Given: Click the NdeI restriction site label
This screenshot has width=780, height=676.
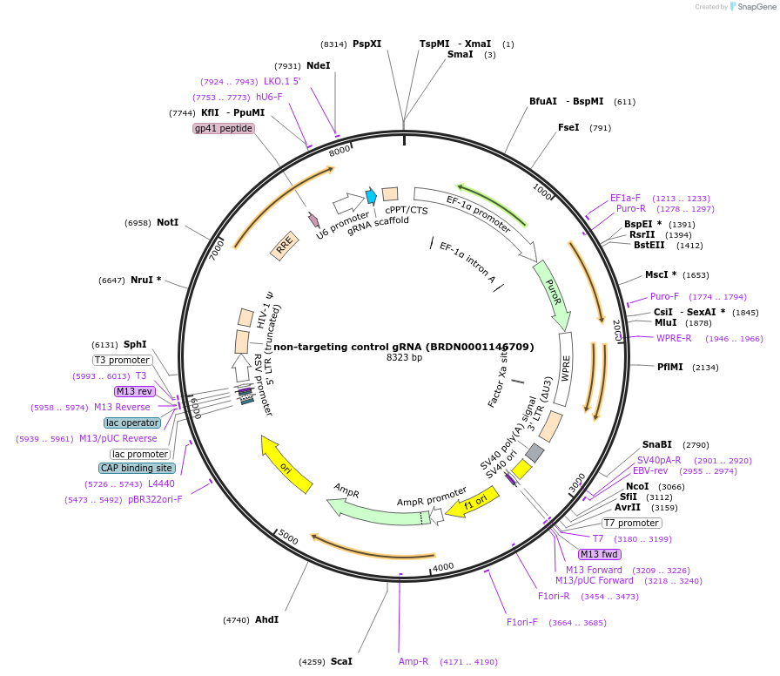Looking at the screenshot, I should click(x=319, y=65).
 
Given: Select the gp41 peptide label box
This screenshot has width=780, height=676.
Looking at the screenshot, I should click(x=224, y=128).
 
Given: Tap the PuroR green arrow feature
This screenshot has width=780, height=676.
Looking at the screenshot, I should click(x=551, y=293).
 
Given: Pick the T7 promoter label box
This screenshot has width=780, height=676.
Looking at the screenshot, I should click(x=632, y=523).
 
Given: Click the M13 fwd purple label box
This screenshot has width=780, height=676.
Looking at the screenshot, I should click(x=599, y=554).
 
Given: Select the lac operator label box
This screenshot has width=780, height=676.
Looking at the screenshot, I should click(x=132, y=422).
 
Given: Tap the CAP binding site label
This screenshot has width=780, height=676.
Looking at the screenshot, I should click(x=137, y=468).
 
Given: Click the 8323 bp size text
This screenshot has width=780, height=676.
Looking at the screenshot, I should click(x=404, y=358).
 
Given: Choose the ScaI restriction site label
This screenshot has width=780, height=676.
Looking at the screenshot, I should click(x=341, y=661).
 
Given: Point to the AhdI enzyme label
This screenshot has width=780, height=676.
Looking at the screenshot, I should click(x=266, y=619).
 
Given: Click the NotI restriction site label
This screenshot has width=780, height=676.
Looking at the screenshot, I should click(x=167, y=222).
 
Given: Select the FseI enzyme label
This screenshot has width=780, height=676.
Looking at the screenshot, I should click(x=568, y=127).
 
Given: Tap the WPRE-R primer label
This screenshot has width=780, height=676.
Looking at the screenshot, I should click(x=674, y=338).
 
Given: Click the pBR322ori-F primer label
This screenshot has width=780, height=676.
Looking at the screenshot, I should click(x=155, y=499).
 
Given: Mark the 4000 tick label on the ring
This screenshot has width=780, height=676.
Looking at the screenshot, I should click(x=444, y=567).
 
